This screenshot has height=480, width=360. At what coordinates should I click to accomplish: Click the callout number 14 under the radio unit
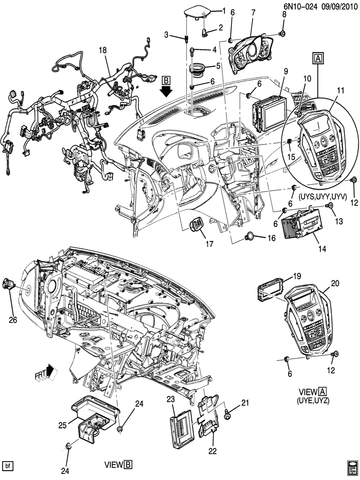click(322, 249)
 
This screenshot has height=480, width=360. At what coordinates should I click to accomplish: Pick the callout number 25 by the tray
click(62, 425)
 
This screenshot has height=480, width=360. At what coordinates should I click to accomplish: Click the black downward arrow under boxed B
click(166, 92)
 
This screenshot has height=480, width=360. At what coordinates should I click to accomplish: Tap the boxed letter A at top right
click(318, 58)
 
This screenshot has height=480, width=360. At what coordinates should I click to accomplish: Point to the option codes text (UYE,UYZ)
click(313, 400)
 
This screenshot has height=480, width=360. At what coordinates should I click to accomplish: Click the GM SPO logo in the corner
click(352, 467)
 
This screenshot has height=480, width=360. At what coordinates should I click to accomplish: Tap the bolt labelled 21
click(228, 415)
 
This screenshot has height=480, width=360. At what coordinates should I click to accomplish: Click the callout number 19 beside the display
click(296, 276)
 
